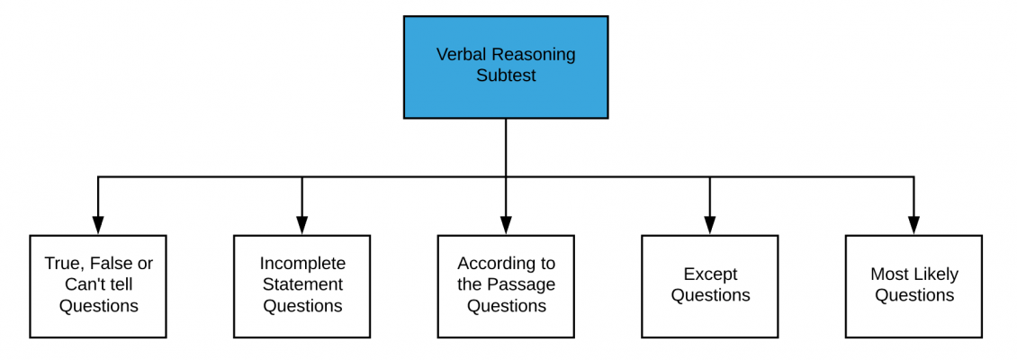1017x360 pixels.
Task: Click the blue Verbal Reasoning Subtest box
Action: (505, 67)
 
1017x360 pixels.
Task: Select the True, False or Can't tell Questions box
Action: (98, 286)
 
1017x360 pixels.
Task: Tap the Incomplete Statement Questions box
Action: (301, 286)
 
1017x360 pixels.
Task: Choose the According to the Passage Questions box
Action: (506, 286)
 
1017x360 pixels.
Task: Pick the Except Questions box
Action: (709, 286)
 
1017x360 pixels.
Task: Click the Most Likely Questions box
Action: (913, 286)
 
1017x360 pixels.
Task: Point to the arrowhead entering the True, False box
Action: (98, 226)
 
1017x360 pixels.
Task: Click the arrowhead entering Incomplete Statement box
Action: (301, 226)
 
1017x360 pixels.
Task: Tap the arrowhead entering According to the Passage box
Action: (506, 226)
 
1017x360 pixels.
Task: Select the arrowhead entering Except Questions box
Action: (710, 226)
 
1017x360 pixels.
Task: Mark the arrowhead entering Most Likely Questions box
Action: (913, 226)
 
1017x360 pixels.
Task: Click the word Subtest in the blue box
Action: (506, 76)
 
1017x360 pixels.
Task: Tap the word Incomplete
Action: (302, 264)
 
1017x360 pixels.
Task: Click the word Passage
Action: (524, 285)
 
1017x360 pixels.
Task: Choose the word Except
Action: (710, 274)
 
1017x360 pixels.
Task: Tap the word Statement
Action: (302, 285)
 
